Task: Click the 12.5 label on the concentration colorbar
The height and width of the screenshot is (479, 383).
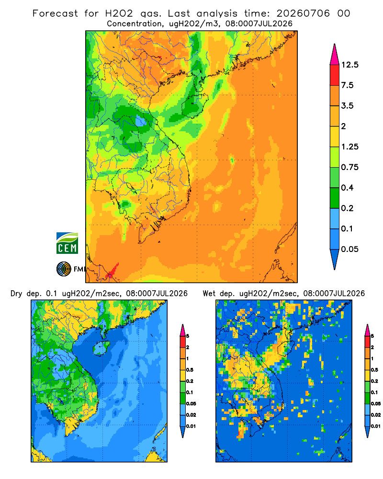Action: point(349,65)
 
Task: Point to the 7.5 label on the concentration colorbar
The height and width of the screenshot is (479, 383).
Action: point(347,85)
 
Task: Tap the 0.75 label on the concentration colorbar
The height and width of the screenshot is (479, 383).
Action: point(349,167)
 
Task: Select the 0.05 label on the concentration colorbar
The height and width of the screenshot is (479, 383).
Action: point(349,249)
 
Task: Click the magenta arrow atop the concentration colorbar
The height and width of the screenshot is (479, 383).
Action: point(335,55)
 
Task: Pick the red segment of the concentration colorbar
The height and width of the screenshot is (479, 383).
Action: point(335,75)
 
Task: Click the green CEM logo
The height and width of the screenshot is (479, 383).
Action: point(67,243)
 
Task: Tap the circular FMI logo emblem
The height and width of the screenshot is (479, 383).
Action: point(64,269)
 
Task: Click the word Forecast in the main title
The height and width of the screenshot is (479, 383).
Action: point(55,13)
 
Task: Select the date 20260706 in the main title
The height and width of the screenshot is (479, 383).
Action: point(303,13)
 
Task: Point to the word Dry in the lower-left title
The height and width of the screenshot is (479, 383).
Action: point(16,294)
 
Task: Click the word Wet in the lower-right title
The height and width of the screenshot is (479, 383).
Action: point(209,294)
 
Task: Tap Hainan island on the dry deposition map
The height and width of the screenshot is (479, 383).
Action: point(101,349)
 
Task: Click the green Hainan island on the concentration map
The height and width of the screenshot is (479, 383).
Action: point(194,104)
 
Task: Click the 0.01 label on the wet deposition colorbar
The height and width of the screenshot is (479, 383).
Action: point(376,426)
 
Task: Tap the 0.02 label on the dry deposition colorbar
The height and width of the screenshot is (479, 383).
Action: point(191,415)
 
